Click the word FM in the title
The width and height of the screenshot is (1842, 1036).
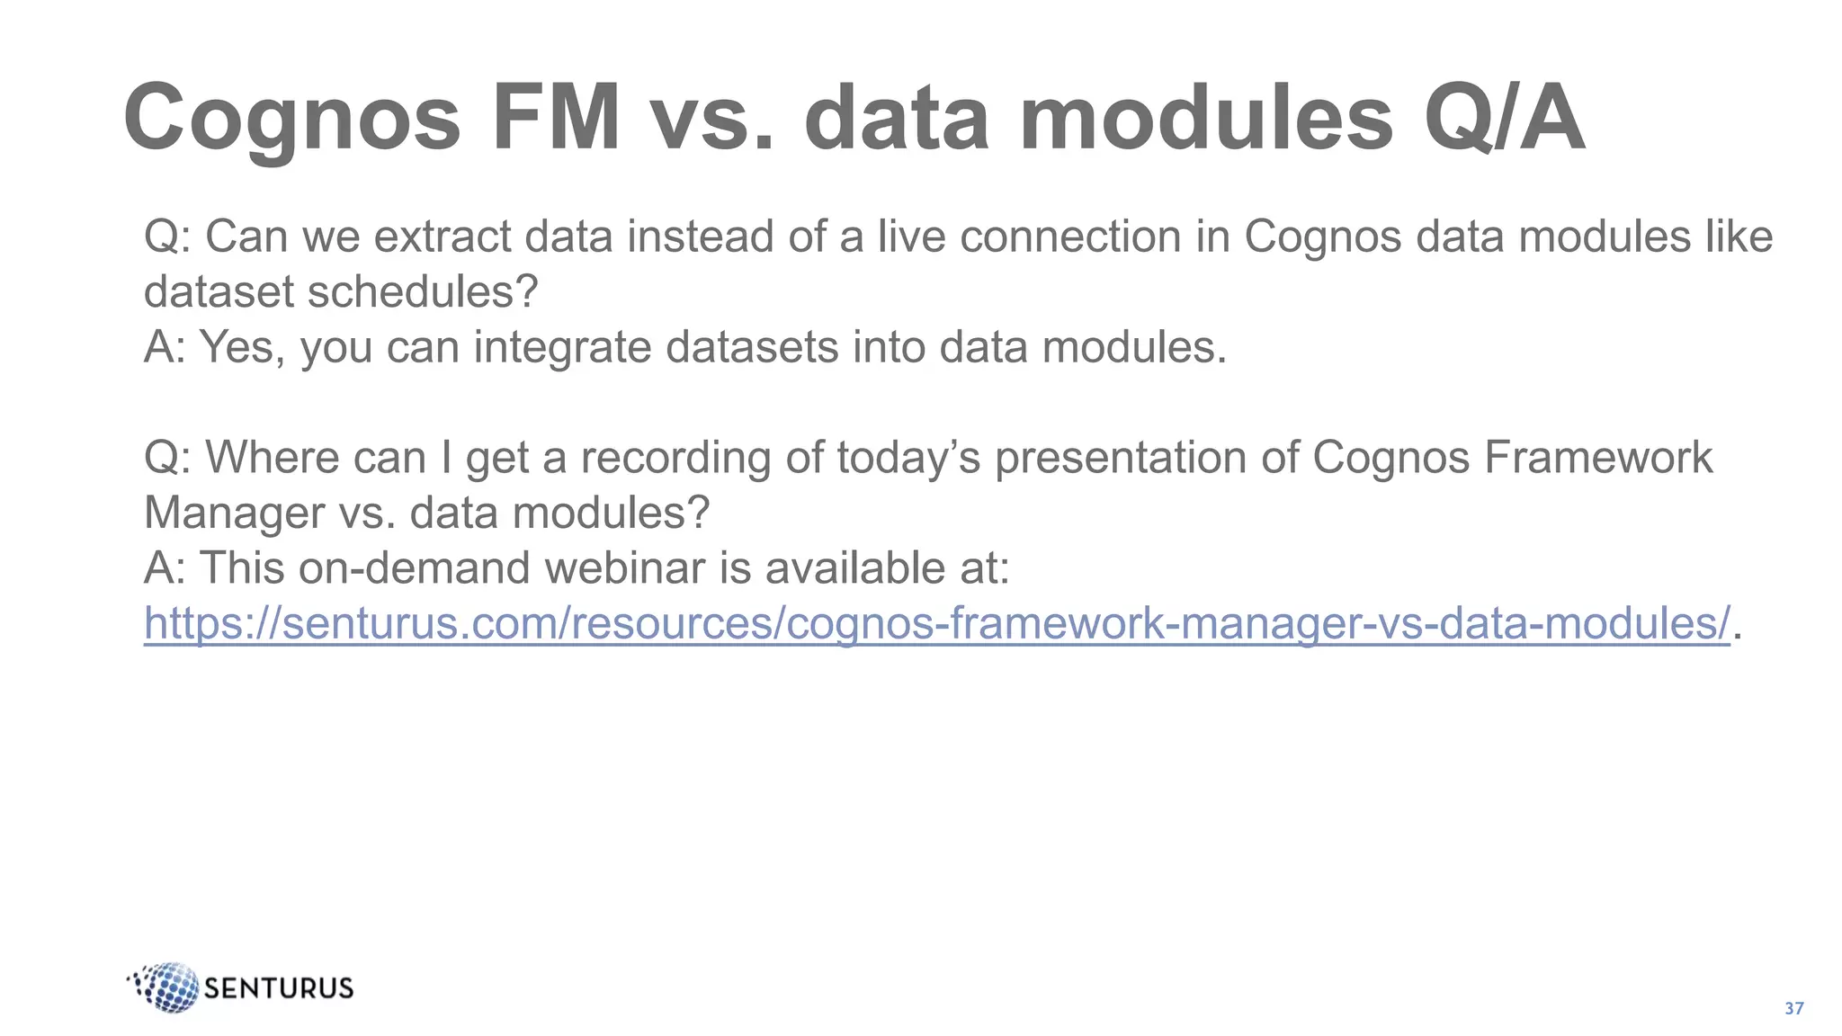[x=556, y=119]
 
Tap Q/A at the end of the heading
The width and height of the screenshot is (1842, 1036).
[x=1504, y=119]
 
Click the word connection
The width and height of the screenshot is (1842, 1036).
[x=1070, y=237]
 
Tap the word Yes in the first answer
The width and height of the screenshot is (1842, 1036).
[x=241, y=347]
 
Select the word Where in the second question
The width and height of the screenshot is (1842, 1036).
[x=272, y=458]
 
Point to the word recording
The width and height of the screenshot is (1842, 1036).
[x=675, y=458]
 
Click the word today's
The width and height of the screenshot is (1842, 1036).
[x=908, y=458]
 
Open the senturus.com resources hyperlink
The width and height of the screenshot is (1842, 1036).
[x=936, y=623]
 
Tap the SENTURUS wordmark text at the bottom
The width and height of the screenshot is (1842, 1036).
[x=279, y=988]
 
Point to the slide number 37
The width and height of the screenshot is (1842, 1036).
[x=1793, y=1008]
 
